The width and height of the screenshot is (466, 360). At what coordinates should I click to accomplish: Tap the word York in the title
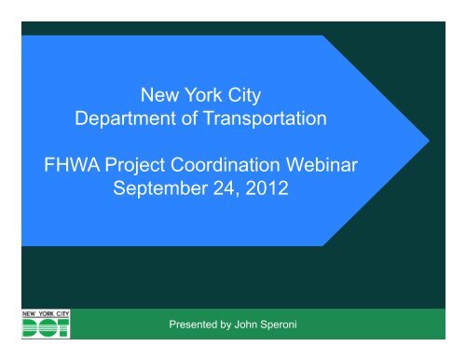pos(203,95)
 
